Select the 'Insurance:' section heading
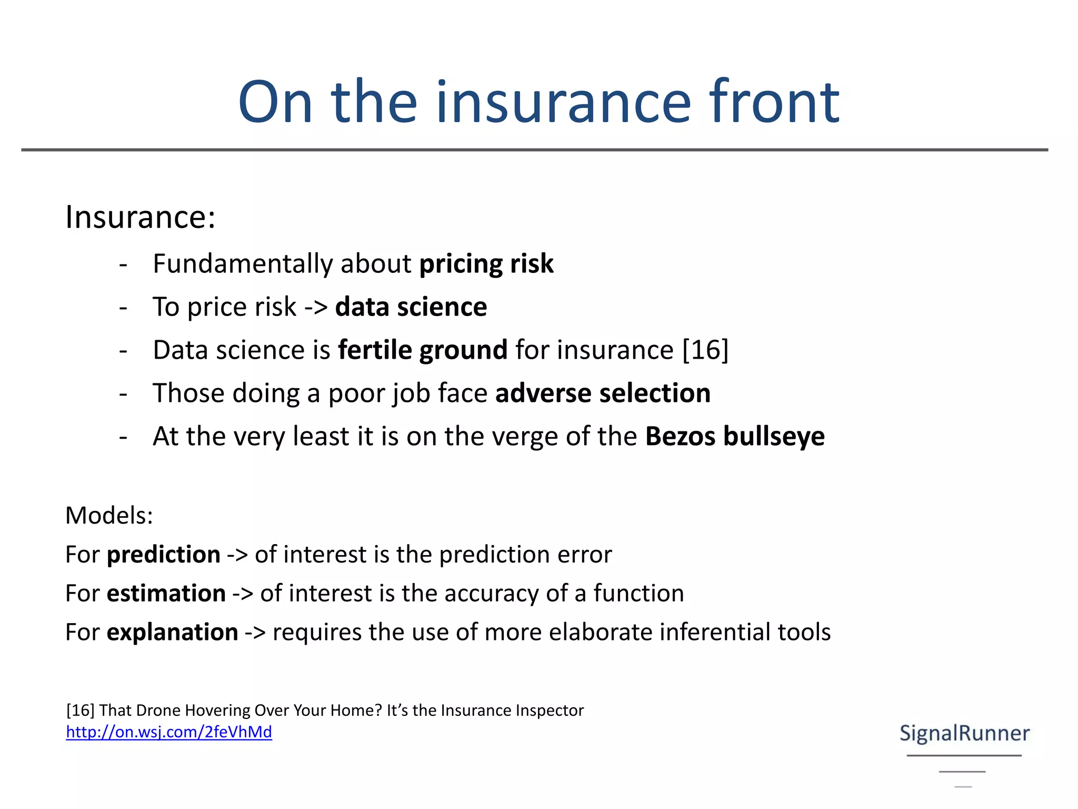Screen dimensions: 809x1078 pyautogui.click(x=140, y=217)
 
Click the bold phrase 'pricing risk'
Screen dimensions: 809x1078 pyautogui.click(x=486, y=264)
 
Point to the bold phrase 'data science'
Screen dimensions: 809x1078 pyautogui.click(x=411, y=307)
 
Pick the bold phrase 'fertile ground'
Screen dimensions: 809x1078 pyautogui.click(x=423, y=350)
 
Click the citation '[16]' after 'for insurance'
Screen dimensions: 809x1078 pyautogui.click(x=705, y=350)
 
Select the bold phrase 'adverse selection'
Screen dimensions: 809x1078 pyautogui.click(x=603, y=393)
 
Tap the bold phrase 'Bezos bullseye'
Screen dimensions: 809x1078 pyautogui.click(x=735, y=437)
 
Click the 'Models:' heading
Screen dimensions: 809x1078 pyautogui.click(x=109, y=515)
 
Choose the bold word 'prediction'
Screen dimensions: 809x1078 pyautogui.click(x=163, y=555)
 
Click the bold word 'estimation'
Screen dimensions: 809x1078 pyautogui.click(x=166, y=594)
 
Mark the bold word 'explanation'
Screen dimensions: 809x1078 pyautogui.click(x=172, y=632)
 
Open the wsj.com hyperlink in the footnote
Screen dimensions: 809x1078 pyautogui.click(x=169, y=732)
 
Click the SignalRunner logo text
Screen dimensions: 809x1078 pyautogui.click(x=964, y=733)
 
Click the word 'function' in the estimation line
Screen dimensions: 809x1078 pyautogui.click(x=638, y=594)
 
